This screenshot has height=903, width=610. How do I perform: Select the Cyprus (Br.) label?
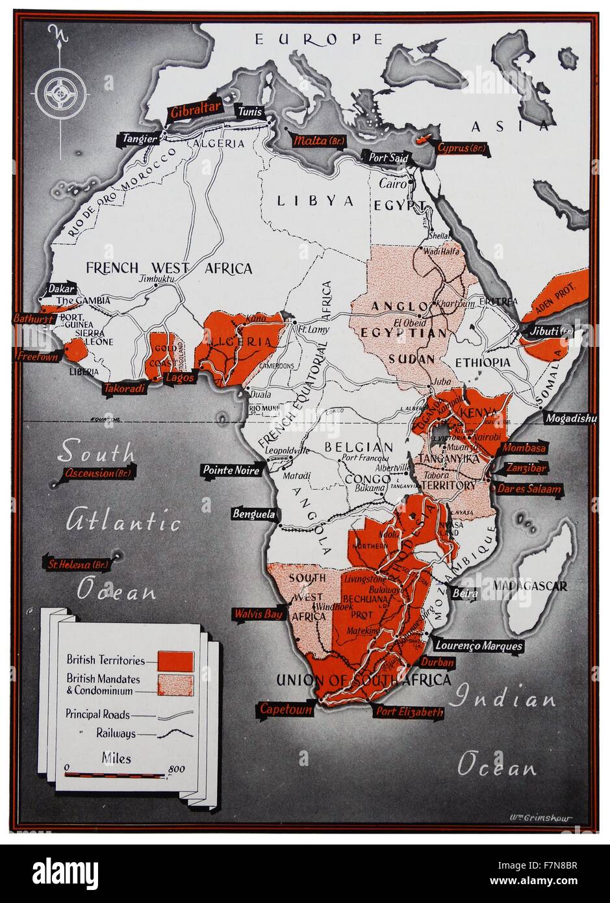(x=462, y=148)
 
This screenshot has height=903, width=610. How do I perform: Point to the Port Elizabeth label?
(x=410, y=711)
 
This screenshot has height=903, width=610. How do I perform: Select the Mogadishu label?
(x=570, y=418)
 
